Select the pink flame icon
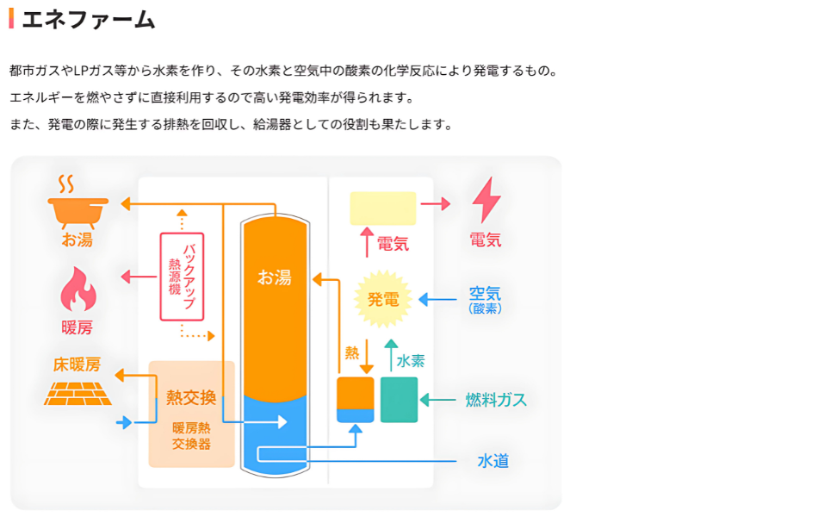click(77, 289)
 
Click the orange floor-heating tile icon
click(77, 392)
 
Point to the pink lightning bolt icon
click(486, 201)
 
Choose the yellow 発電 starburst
click(383, 299)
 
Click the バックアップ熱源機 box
click(182, 277)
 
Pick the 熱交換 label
click(191, 398)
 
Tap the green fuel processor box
click(399, 400)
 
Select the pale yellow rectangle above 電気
click(382, 209)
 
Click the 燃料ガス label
click(496, 400)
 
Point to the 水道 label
click(493, 461)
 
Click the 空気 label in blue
click(485, 293)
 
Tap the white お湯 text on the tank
click(275, 277)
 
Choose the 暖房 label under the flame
click(77, 327)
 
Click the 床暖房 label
click(77, 364)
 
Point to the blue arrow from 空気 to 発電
click(437, 300)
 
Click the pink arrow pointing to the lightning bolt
click(436, 204)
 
